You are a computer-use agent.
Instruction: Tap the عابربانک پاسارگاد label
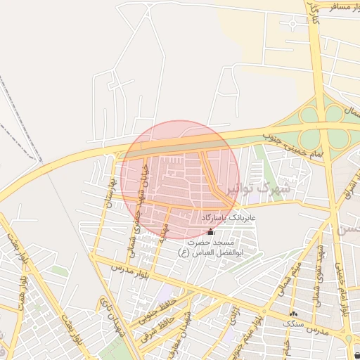coord(230,219)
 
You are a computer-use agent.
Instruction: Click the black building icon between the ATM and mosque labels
coord(212,231)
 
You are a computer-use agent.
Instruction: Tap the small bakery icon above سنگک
coord(293,314)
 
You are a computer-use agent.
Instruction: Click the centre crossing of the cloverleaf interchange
coord(324,122)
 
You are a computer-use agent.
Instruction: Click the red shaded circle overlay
coord(180,179)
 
